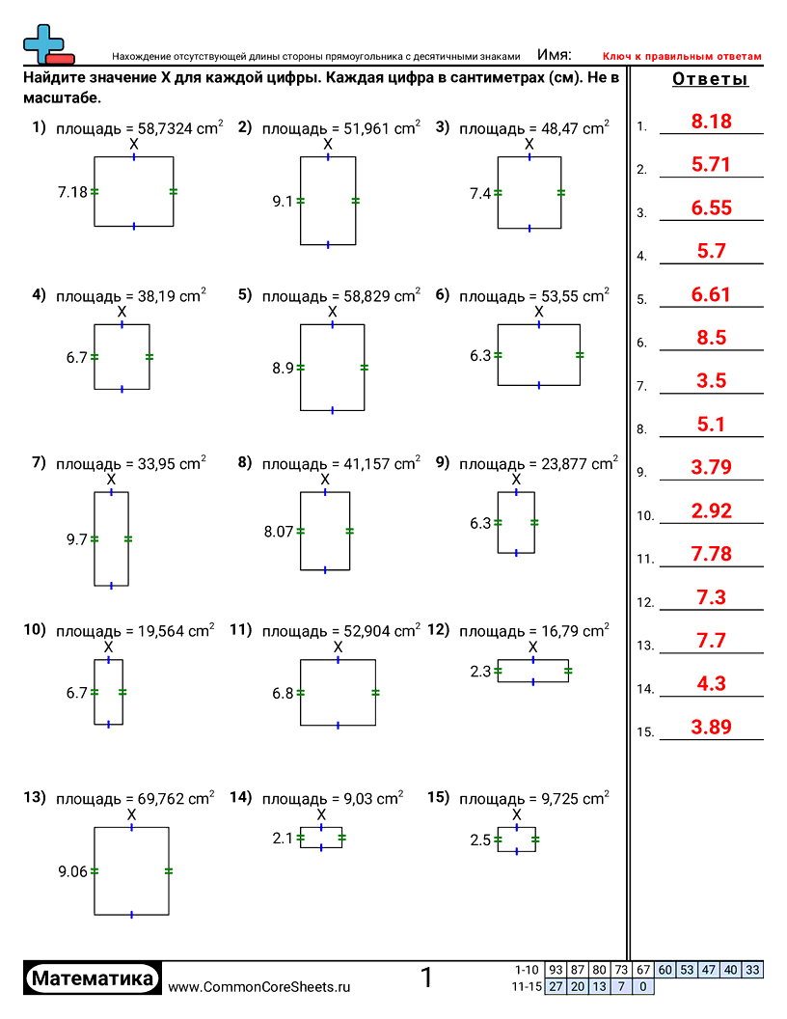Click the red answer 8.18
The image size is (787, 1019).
click(x=712, y=122)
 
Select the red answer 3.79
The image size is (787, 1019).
click(x=712, y=468)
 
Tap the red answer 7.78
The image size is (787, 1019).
click(x=712, y=554)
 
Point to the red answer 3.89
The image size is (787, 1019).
click(x=712, y=728)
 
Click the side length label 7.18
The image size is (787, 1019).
click(x=72, y=192)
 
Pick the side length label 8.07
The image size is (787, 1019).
click(x=279, y=531)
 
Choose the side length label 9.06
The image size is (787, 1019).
click(x=72, y=871)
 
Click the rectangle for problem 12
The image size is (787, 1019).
click(x=532, y=671)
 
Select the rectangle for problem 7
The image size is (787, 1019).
click(x=111, y=538)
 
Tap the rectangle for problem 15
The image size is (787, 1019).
click(x=517, y=840)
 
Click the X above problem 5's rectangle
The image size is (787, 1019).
click(x=333, y=312)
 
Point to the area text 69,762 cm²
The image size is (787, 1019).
click(x=135, y=799)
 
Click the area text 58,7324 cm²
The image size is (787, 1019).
click(x=140, y=126)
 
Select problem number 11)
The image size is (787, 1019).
click(x=240, y=630)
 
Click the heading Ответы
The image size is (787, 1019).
click(x=710, y=80)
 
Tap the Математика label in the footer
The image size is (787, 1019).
click(x=93, y=978)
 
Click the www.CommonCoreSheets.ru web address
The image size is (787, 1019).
click(x=258, y=986)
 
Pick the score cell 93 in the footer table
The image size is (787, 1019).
click(x=556, y=970)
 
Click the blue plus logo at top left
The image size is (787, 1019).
click(x=43, y=41)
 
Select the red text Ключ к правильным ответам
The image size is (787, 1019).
click(x=682, y=56)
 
